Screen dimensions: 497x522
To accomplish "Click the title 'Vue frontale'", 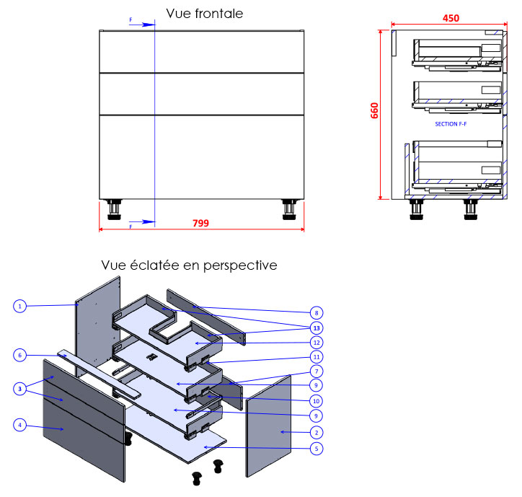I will [x=204, y=14].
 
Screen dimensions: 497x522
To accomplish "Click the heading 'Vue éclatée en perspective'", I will [x=189, y=265].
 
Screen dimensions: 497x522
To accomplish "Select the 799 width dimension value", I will [x=201, y=224].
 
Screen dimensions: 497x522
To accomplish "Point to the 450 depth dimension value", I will [x=451, y=18].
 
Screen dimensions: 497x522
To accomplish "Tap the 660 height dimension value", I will [x=374, y=110].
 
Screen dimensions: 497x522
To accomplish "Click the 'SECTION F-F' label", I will [x=451, y=124].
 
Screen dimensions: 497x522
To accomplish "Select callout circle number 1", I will [x=20, y=307].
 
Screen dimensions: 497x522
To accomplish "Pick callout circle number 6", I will [x=20, y=355].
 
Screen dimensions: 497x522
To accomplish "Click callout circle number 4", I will [x=20, y=426].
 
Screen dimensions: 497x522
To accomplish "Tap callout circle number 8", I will [x=316, y=312].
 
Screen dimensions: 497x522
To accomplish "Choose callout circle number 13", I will [x=316, y=327].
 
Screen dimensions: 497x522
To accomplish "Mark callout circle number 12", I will [x=316, y=342].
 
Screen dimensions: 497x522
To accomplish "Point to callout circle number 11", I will [x=316, y=356].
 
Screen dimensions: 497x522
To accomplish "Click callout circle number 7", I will [x=316, y=371].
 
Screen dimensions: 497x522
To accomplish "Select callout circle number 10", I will [x=316, y=401].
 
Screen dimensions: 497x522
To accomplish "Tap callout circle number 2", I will [x=316, y=432].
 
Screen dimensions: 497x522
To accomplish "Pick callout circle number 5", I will [x=316, y=448].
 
